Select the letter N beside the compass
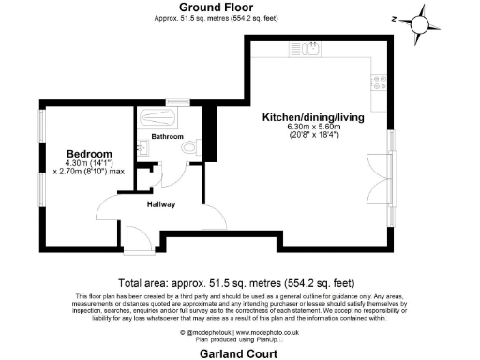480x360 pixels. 396,17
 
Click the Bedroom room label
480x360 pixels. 89,154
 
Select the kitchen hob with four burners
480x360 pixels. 379,82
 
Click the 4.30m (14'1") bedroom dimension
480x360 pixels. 89,165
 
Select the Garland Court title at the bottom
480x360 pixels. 239,353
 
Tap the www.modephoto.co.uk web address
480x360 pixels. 265,332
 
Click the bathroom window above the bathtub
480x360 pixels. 174,100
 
